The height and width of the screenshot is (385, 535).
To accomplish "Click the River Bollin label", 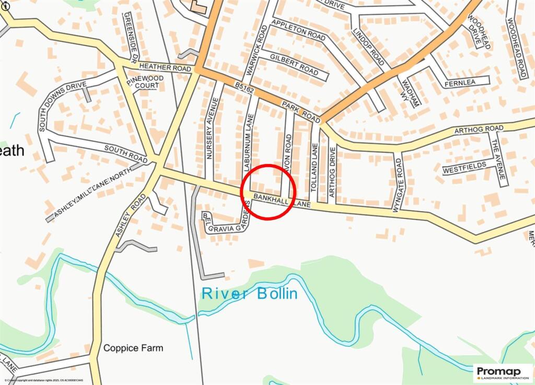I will click(x=249, y=294).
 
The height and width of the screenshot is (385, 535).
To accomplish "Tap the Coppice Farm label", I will click(x=133, y=348).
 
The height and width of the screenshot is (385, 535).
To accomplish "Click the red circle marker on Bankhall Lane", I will click(x=269, y=191).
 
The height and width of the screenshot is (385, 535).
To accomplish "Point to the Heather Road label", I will click(x=165, y=68).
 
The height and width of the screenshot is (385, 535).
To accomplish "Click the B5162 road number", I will click(x=244, y=90).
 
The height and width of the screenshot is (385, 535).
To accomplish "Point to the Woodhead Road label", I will click(x=516, y=40).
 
